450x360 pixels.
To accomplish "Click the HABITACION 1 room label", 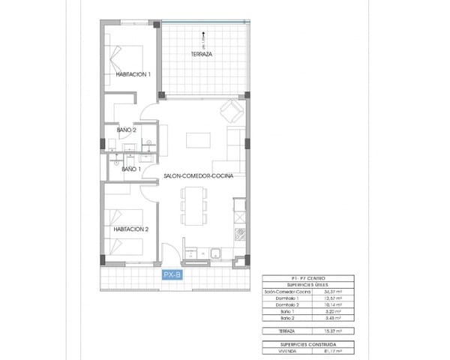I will pyautogui.click(x=133, y=74).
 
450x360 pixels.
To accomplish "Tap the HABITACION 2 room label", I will pyautogui.click(x=130, y=229).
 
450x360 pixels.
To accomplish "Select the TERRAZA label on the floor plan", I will pyautogui.click(x=200, y=55).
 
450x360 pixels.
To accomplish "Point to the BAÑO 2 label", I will pyautogui.click(x=126, y=130).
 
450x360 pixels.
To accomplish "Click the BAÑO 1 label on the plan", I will pyautogui.click(x=129, y=169).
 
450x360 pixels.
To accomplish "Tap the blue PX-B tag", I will pyautogui.click(x=172, y=274).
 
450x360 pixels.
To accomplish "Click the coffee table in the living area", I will pyautogui.click(x=198, y=140).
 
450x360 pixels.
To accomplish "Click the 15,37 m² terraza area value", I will pyautogui.click(x=332, y=331).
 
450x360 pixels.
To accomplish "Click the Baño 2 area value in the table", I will pyautogui.click(x=332, y=318).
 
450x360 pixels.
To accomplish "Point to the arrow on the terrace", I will pyautogui.click(x=200, y=36).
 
